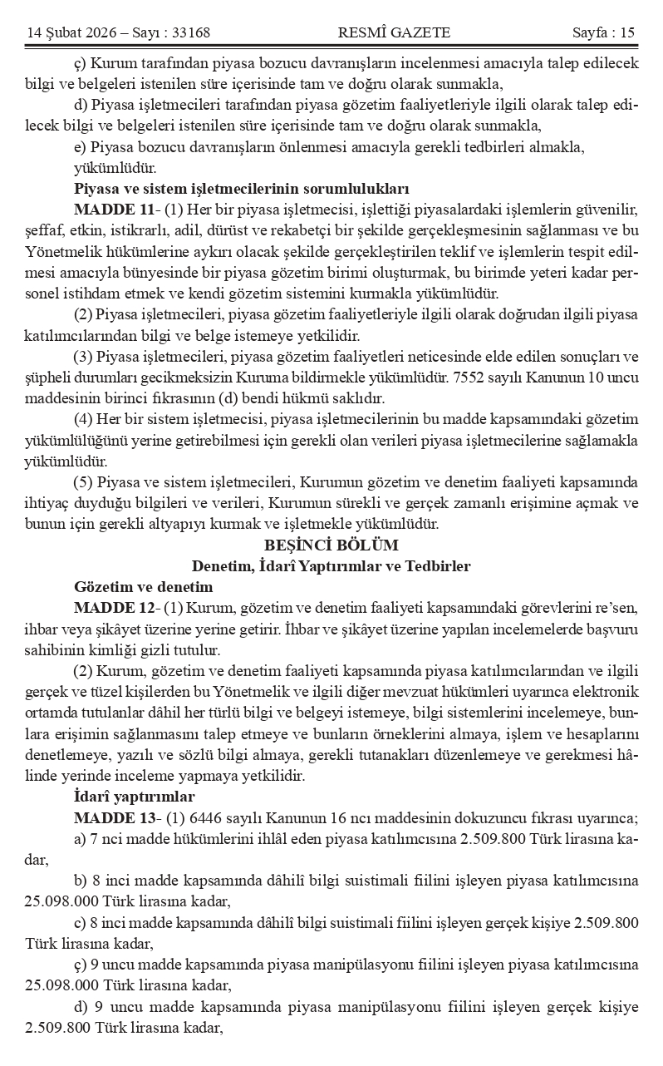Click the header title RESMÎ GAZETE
pyautogui.click(x=394, y=33)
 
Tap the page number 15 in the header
pyautogui.click(x=626, y=33)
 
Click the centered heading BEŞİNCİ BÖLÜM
pyautogui.click(x=331, y=545)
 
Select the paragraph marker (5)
pyautogui.click(x=83, y=482)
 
